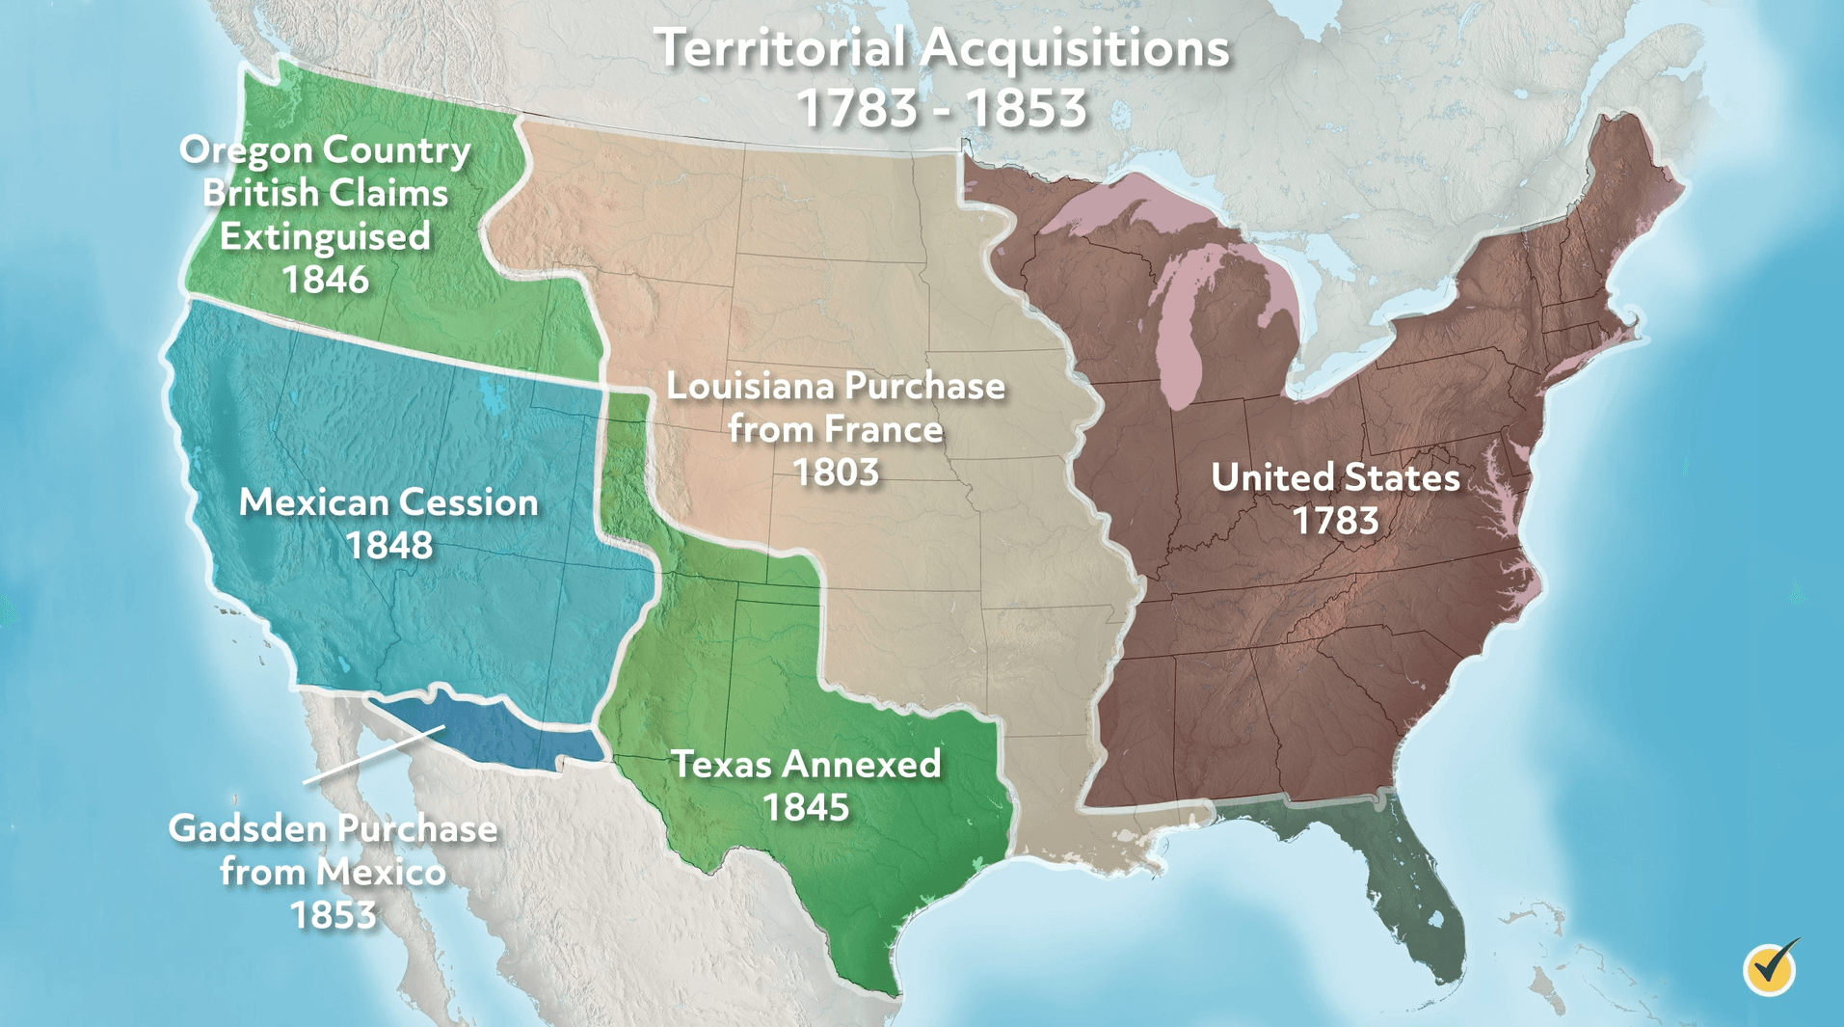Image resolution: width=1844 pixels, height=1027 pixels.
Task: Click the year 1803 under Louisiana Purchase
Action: tap(836, 473)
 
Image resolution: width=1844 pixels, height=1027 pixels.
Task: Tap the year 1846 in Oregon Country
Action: tap(326, 280)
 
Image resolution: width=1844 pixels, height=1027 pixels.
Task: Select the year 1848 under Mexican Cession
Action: tap(389, 546)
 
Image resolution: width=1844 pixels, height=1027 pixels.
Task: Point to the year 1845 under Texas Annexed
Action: tap(806, 807)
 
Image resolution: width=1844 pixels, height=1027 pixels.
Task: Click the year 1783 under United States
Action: tap(1335, 521)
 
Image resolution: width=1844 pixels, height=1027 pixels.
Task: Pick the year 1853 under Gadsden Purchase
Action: tap(333, 915)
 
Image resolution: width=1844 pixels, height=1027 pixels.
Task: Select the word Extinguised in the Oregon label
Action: tap(326, 236)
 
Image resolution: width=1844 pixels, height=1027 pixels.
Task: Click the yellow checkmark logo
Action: tap(1771, 967)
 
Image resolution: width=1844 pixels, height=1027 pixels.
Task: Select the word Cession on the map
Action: tap(469, 502)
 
